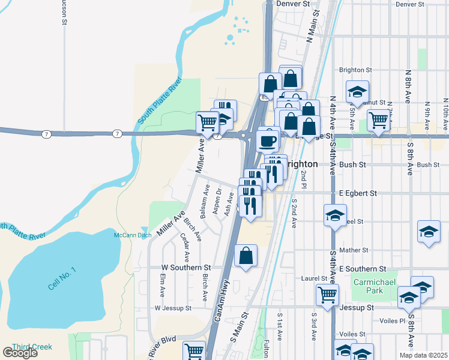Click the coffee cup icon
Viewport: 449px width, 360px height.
pos(268,141)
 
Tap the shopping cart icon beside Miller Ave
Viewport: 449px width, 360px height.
pos(207,122)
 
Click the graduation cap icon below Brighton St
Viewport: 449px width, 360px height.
pos(357,92)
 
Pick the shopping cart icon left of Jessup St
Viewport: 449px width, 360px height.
pos(327,294)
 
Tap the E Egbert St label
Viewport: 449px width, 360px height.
pos(358,193)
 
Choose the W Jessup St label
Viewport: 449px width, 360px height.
pos(172,308)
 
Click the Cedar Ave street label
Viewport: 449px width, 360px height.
pos(185,247)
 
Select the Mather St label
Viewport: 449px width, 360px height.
pos(353,250)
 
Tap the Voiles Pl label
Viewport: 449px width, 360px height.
pos(393,320)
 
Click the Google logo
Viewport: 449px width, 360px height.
pos(20,353)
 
